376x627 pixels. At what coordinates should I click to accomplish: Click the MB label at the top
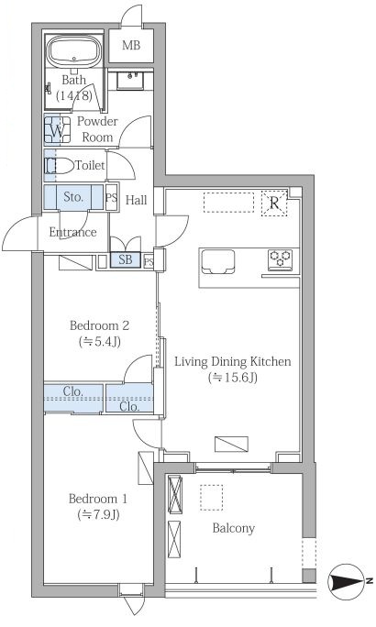pyautogui.click(x=131, y=45)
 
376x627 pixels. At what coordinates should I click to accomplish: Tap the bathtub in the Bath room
pyautogui.click(x=75, y=51)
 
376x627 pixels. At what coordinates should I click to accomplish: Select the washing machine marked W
pyautogui.click(x=57, y=129)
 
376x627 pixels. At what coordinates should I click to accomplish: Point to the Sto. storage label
pyautogui.click(x=73, y=197)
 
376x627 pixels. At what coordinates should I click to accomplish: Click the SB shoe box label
pyautogui.click(x=126, y=259)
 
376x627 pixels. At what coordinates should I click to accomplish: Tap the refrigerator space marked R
pyautogui.click(x=274, y=203)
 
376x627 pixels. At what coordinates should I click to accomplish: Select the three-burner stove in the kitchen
pyautogui.click(x=280, y=259)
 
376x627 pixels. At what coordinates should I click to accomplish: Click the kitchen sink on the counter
pyautogui.click(x=218, y=261)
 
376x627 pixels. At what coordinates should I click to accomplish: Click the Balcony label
pyautogui.click(x=233, y=528)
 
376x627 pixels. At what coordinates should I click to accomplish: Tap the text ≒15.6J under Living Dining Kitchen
pyautogui.click(x=232, y=378)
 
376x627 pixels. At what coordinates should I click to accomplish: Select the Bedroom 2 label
pyautogui.click(x=99, y=325)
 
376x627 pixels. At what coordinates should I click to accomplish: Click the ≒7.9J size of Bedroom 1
pyautogui.click(x=98, y=515)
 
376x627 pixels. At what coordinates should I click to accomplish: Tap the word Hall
pyautogui.click(x=137, y=200)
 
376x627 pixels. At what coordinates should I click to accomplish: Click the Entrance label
pyautogui.click(x=72, y=232)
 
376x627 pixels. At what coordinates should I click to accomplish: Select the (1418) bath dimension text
pyautogui.click(x=74, y=96)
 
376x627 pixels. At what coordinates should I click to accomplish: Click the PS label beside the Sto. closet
pyautogui.click(x=112, y=197)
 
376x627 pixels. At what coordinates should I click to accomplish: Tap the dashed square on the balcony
pyautogui.click(x=212, y=498)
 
